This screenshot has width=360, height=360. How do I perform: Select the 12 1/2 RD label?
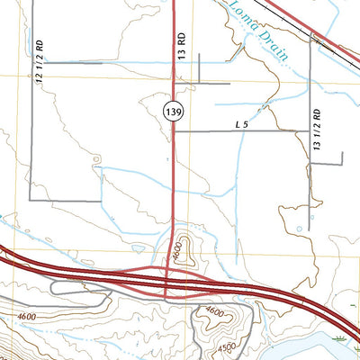click(x=40, y=64)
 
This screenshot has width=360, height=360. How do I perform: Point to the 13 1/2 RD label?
click(x=316, y=130)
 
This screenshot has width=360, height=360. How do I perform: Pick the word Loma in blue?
click(x=245, y=15)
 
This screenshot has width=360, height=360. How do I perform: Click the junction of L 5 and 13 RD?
click(x=174, y=131)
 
